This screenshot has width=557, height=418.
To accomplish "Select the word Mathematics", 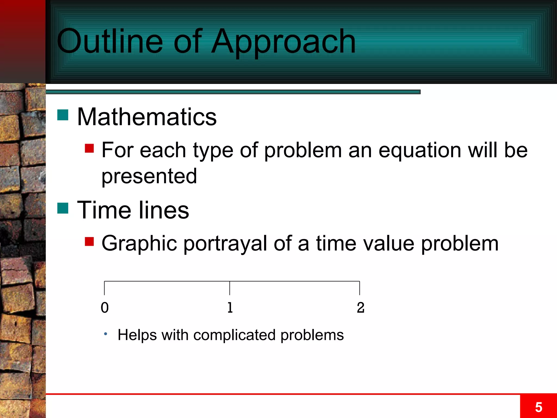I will tap(147, 117).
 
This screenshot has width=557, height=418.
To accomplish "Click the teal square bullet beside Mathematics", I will tap(63, 115).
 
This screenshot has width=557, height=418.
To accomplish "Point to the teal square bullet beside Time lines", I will tap(63, 208).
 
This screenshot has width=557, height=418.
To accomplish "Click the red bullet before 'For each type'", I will tap(89, 149).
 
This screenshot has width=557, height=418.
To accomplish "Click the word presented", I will tap(149, 176).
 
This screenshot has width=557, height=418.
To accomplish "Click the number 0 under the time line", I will tap(105, 308).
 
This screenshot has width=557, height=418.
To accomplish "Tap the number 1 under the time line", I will tap(230, 308).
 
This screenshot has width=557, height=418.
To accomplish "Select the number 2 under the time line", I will tap(360, 308).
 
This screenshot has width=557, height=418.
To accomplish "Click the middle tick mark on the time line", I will tap(230, 288).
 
